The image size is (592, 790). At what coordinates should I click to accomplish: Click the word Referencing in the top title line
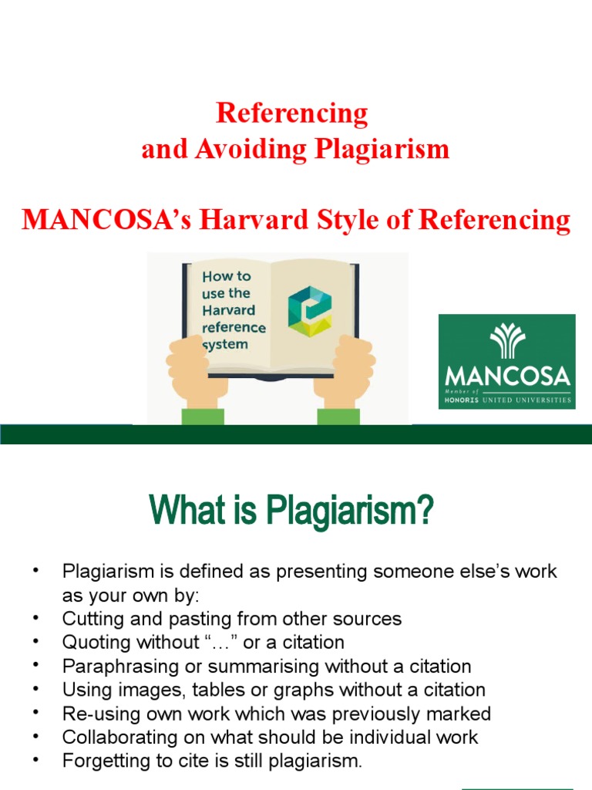(x=292, y=113)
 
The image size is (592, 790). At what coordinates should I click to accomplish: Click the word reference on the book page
(x=234, y=328)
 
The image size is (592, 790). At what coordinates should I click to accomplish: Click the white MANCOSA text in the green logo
(x=508, y=376)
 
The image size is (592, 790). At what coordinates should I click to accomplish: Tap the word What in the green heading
(x=180, y=511)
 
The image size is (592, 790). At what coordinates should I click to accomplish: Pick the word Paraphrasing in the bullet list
(x=113, y=666)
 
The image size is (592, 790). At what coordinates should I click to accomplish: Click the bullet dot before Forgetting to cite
(x=35, y=761)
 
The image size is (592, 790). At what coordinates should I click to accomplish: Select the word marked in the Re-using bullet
(x=462, y=714)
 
